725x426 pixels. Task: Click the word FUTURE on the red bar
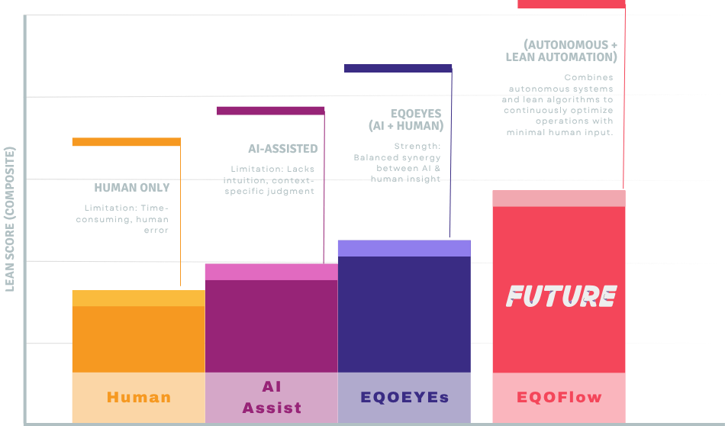tap(561, 296)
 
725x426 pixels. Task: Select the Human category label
tap(139, 397)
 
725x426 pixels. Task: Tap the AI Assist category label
tap(272, 398)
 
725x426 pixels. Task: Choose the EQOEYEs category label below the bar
tap(404, 397)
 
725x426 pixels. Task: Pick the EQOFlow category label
tap(559, 397)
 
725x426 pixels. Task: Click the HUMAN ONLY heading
tap(132, 188)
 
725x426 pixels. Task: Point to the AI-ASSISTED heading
tap(283, 149)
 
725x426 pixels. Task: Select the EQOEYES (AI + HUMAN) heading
tap(405, 119)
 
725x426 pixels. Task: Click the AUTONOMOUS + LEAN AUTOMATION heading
tap(562, 50)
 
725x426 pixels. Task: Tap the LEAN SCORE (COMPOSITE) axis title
tap(10, 218)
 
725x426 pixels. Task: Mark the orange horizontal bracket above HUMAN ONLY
tap(126, 142)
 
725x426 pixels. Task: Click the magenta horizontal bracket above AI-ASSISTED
tap(271, 111)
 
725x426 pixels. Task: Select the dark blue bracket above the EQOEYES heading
tap(398, 68)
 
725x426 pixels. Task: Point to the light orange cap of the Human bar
tap(138, 298)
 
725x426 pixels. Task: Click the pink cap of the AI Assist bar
tap(271, 272)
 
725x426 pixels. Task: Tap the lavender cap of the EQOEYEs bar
tap(404, 248)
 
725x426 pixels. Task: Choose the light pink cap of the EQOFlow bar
tap(559, 198)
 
